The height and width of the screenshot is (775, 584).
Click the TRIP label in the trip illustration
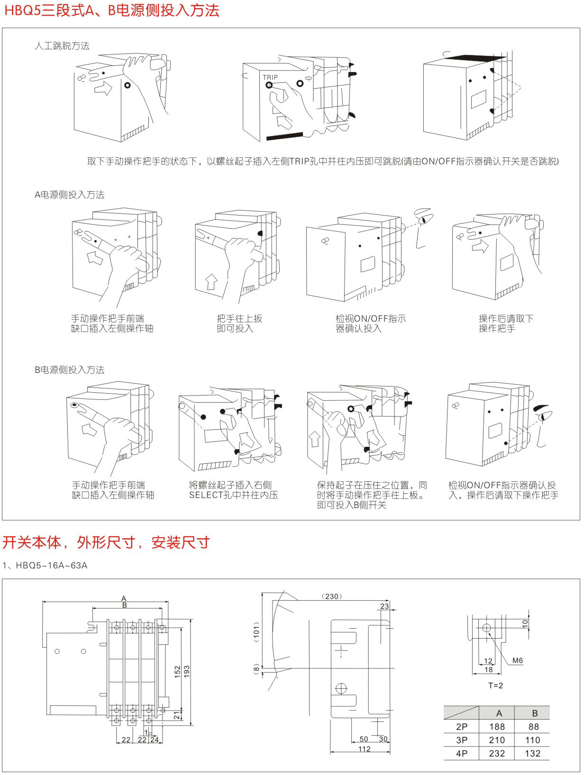(x=270, y=77)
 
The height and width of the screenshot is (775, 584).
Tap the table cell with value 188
(x=497, y=727)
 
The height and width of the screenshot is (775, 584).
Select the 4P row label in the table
(x=461, y=753)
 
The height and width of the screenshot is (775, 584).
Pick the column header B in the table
(x=535, y=713)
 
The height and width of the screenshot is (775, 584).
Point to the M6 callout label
(x=517, y=660)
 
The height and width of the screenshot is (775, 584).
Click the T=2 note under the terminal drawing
(x=495, y=685)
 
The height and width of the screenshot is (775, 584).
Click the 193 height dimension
(x=186, y=671)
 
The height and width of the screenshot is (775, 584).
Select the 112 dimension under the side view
(x=364, y=749)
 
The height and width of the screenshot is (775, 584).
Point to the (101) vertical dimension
(x=256, y=631)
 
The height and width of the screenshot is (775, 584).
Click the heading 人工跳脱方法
(x=62, y=46)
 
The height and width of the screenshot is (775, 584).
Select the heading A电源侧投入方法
(x=70, y=195)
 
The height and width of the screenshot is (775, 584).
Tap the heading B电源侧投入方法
(x=70, y=370)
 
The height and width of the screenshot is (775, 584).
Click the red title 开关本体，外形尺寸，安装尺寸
(x=106, y=542)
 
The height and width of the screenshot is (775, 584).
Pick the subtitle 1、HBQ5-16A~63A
(x=45, y=565)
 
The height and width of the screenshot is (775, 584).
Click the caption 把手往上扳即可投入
(x=239, y=324)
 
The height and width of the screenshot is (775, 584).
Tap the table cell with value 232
(x=497, y=753)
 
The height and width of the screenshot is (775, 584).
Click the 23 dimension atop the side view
(x=384, y=606)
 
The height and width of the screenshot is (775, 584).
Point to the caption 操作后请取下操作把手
(x=505, y=324)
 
